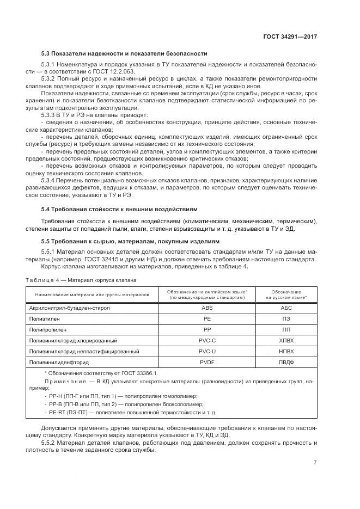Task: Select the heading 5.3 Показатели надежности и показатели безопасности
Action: coord(124,53)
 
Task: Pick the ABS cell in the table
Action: coord(206,308)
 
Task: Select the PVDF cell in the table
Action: coord(206,361)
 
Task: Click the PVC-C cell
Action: coord(206,340)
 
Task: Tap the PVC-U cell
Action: coord(206,351)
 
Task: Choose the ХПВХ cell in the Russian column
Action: coord(286,340)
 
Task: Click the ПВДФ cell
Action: coord(286,361)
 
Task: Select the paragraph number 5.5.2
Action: coord(51,442)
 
